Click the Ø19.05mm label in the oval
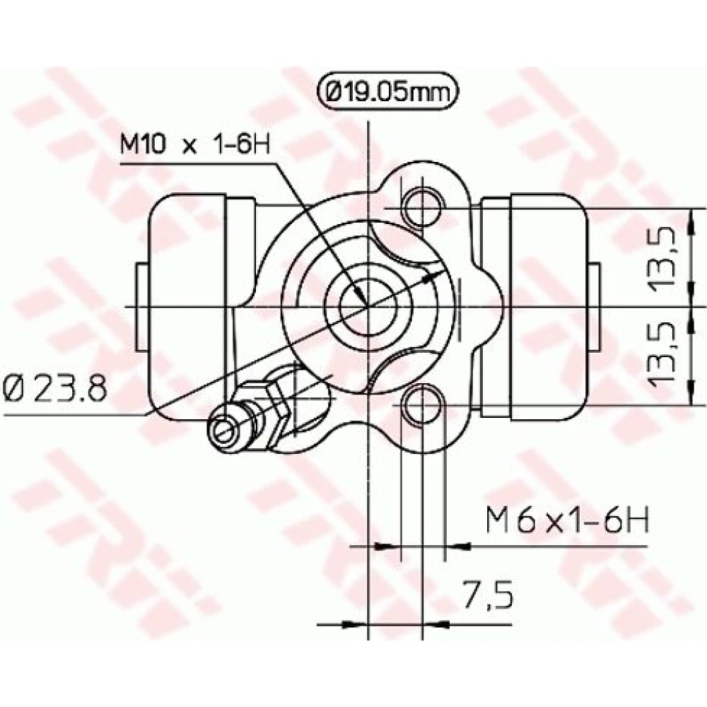point(388,92)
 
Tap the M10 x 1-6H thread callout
point(195,144)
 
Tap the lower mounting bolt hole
point(423,405)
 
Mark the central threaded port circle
point(368,306)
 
